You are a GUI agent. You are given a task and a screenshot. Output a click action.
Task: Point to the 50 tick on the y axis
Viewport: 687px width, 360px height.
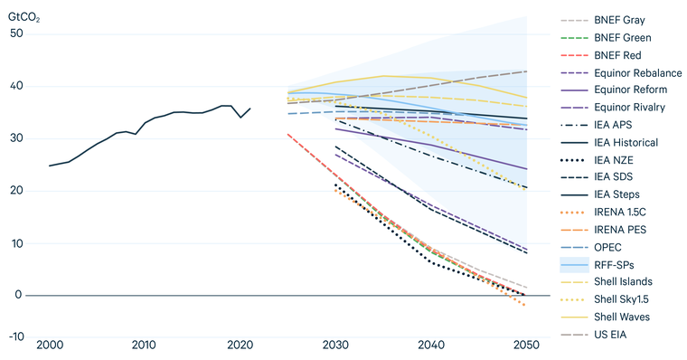16,33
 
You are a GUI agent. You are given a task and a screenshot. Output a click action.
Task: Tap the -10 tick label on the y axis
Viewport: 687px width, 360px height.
14,336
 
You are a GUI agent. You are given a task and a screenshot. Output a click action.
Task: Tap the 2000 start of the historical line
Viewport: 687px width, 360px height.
49,166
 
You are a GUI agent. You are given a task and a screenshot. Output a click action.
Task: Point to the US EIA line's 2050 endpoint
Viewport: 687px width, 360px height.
526,71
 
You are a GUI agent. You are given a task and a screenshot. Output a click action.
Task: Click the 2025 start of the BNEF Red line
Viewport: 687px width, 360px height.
287,134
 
